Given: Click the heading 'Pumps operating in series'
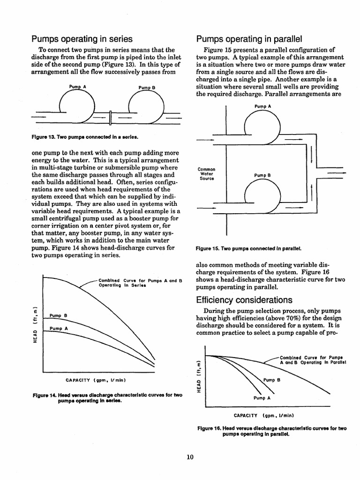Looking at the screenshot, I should [82, 38].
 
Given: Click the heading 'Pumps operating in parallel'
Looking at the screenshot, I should [249, 38].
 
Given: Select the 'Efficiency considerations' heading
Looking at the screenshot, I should [244, 300].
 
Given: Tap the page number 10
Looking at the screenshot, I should [189, 457].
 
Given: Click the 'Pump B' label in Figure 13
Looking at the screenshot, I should [147, 88].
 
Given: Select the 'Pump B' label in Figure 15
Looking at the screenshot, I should [263, 175].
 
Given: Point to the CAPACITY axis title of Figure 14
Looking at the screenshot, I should [96, 379].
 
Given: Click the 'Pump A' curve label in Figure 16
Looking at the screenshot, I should [262, 397].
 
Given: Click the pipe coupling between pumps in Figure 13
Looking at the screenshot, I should [110, 117].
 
